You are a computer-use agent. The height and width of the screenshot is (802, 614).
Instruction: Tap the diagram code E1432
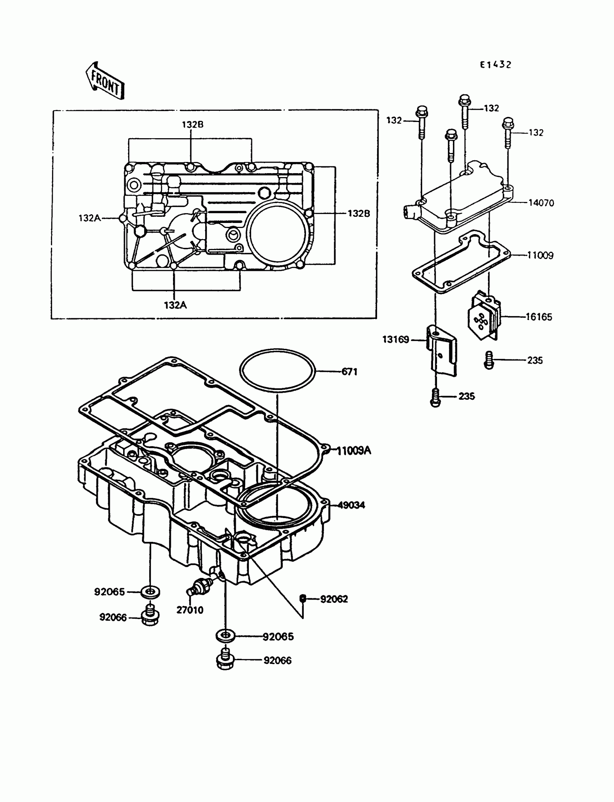(x=495, y=65)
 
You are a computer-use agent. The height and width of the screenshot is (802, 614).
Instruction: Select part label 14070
(x=541, y=203)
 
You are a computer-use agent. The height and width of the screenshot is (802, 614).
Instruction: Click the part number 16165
(x=539, y=317)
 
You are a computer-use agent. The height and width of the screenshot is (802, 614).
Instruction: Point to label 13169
(x=395, y=339)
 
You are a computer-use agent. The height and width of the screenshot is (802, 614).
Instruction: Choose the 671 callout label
(x=349, y=372)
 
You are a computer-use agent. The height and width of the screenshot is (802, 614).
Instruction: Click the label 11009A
(x=354, y=451)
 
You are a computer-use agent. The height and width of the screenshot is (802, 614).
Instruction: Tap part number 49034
(x=351, y=505)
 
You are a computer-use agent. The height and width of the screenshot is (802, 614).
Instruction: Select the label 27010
(x=190, y=610)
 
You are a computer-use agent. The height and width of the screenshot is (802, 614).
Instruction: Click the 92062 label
(x=334, y=599)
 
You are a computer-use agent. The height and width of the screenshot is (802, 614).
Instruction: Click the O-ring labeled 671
(x=277, y=371)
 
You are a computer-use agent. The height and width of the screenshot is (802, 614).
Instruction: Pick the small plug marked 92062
(x=302, y=598)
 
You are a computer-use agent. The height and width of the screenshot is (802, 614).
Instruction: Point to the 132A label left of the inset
(x=90, y=218)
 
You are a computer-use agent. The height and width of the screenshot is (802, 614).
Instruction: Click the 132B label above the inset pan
(x=192, y=124)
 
